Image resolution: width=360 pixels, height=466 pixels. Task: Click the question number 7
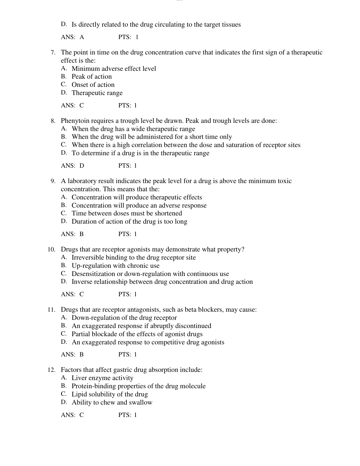(53, 53)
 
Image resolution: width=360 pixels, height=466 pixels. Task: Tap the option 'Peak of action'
(91, 77)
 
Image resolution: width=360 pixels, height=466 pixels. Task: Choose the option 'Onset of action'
(93, 85)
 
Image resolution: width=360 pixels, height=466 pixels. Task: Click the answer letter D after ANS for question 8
(82, 166)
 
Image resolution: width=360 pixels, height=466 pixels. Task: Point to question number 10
(51, 250)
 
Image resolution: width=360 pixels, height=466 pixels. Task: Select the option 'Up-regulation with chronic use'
(115, 266)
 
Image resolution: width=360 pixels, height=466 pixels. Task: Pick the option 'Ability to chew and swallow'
(112, 403)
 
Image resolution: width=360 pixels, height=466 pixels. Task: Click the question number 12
(51, 370)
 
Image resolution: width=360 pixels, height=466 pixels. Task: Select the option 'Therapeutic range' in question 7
(97, 93)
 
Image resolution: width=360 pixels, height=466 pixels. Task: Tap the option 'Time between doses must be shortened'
(126, 214)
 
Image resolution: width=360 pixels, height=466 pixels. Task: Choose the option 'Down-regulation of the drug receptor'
(124, 318)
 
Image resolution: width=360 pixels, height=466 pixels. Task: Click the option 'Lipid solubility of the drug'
(110, 395)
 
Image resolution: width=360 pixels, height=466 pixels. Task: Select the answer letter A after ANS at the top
(82, 37)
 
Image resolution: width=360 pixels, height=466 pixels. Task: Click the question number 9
(53, 181)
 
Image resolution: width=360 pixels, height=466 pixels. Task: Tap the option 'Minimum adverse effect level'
(114, 69)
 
